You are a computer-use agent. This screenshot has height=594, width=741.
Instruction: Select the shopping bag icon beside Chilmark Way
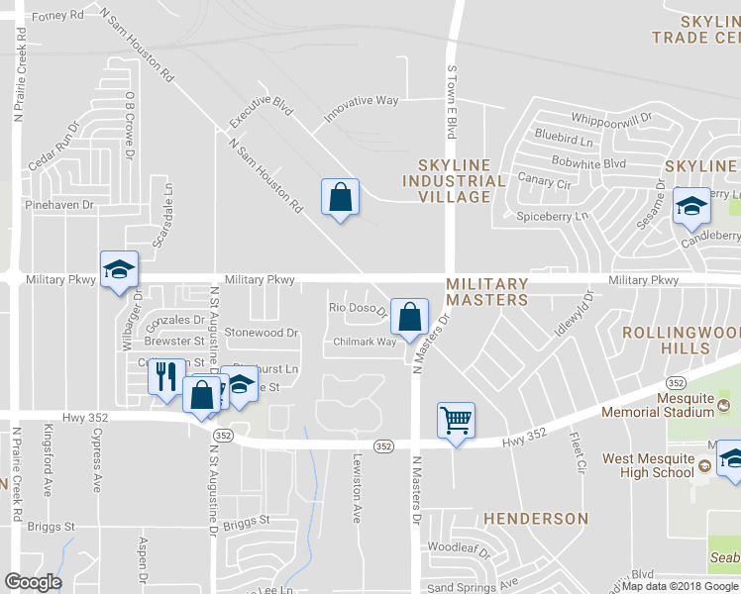coord(409,317)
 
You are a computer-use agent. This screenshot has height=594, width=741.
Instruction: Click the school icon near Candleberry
coord(691,206)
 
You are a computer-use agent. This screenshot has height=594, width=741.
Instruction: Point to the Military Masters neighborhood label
coord(486,291)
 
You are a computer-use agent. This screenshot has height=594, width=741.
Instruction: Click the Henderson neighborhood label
coord(535,518)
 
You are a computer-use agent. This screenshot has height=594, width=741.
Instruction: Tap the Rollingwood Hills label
coord(682,341)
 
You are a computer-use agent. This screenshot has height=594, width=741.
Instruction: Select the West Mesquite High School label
coord(648,465)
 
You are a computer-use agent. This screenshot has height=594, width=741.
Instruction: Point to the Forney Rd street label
coord(58,17)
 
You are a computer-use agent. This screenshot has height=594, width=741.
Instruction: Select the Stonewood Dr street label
coord(262,334)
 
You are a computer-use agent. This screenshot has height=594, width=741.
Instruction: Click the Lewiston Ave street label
coord(358,487)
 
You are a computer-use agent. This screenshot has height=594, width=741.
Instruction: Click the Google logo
coord(33,581)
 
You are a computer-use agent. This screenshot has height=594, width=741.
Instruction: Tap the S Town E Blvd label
coord(452,102)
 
